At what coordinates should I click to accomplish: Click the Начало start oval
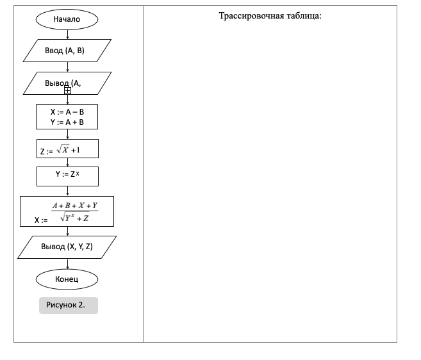[67, 19]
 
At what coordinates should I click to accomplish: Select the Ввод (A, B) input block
[67, 51]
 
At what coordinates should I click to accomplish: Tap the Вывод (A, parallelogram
[67, 83]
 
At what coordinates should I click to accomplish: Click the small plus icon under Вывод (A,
[68, 91]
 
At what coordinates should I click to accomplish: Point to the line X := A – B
[67, 112]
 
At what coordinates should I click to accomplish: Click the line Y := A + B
[67, 122]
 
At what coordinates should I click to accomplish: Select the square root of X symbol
[63, 149]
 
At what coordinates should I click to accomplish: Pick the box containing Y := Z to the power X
[68, 176]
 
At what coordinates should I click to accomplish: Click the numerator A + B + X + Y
[75, 206]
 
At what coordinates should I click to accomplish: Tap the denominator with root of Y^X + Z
[74, 217]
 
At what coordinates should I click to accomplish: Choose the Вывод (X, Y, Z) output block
[67, 247]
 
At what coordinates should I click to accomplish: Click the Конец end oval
[67, 279]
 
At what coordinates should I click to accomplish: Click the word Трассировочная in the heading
[251, 16]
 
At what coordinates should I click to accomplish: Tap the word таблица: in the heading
[304, 15]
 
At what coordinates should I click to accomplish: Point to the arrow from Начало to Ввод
[68, 35]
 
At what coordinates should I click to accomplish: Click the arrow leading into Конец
[68, 264]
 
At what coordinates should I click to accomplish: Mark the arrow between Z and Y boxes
[68, 163]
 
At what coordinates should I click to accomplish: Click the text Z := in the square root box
[46, 152]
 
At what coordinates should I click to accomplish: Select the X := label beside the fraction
[41, 220]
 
